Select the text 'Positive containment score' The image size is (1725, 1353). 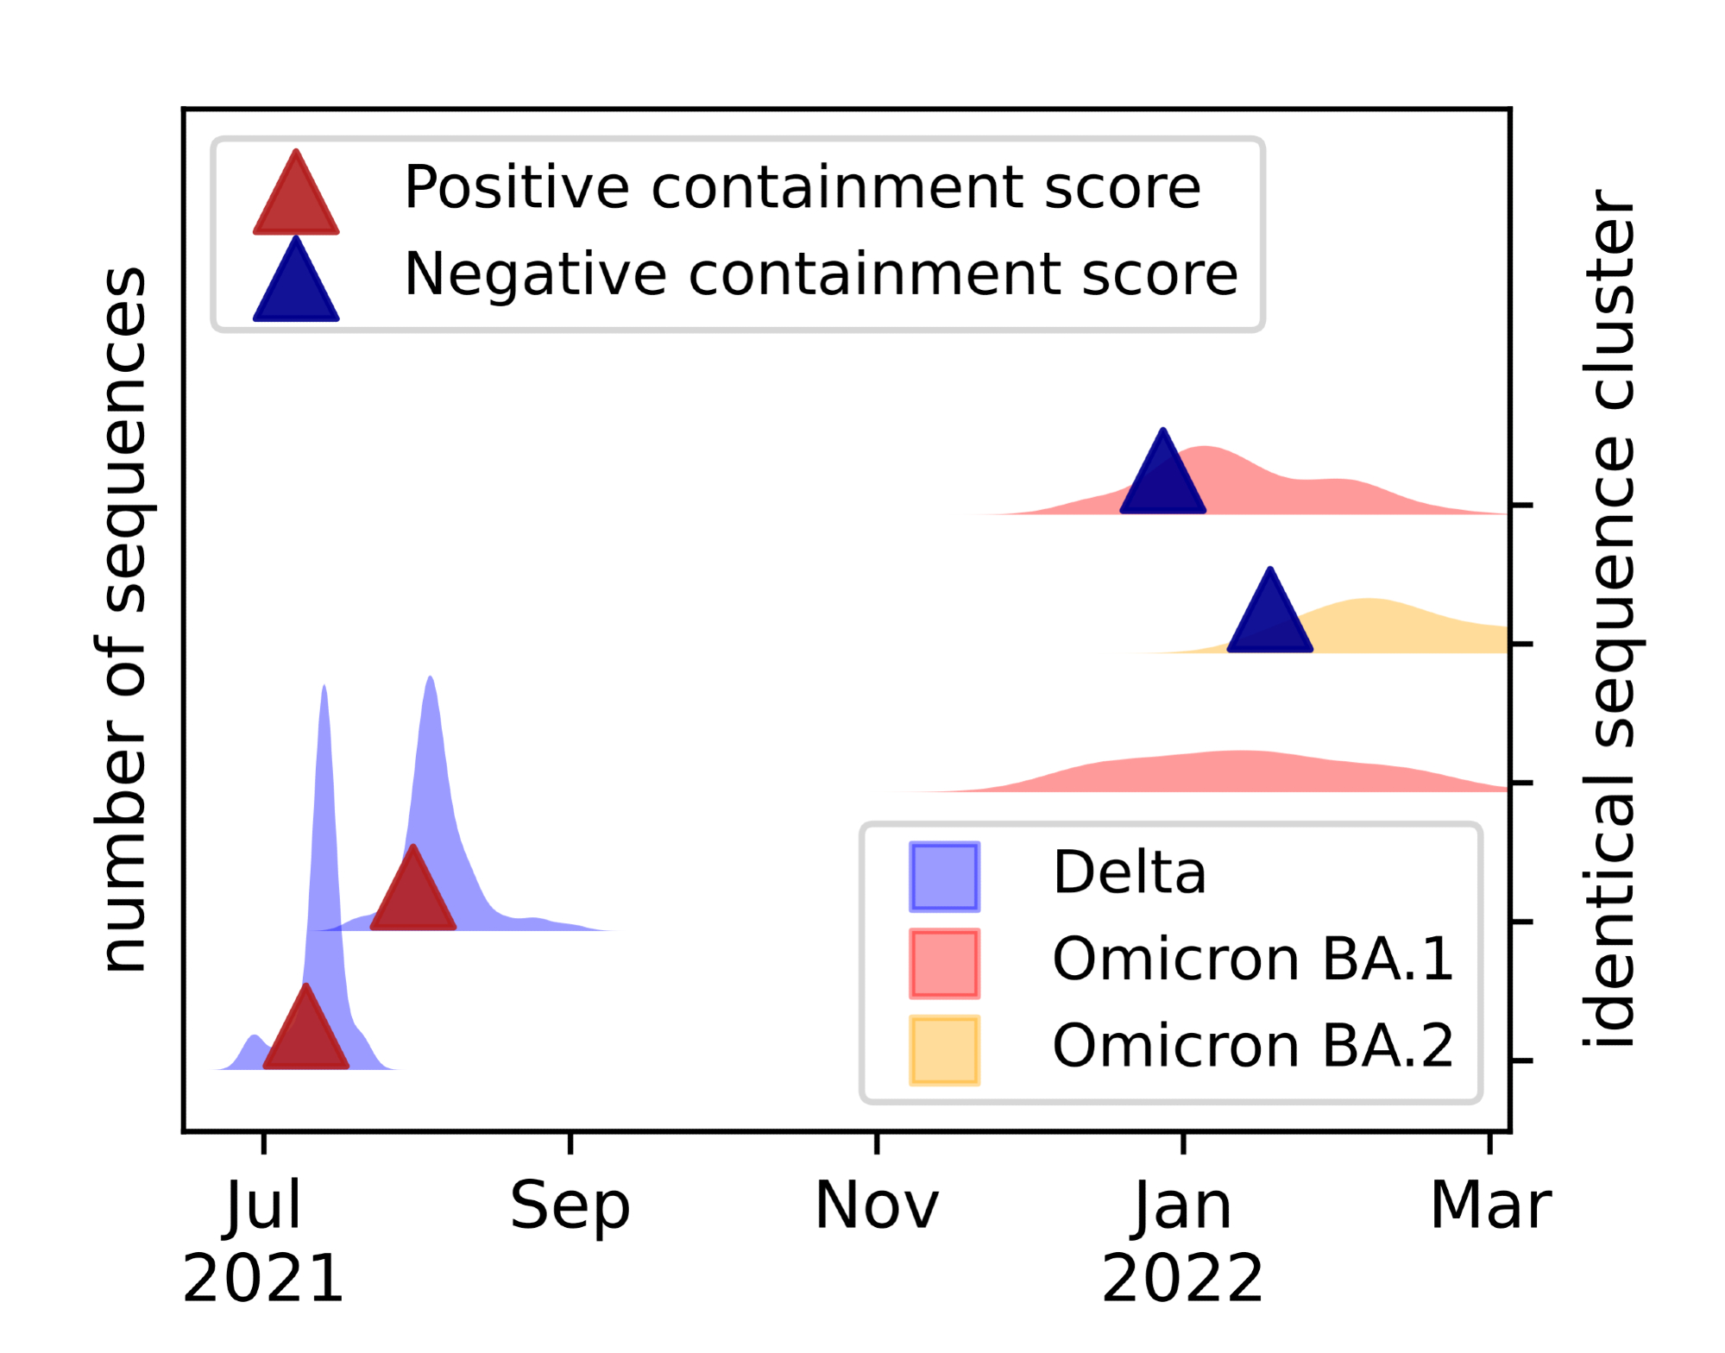tap(802, 187)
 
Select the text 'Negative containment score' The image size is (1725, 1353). tap(821, 274)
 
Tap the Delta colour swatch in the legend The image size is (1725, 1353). tap(944, 877)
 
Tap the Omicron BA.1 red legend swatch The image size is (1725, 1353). tap(944, 963)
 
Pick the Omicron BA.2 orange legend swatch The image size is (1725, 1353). tap(944, 1050)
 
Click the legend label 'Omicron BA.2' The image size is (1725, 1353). tap(1252, 1046)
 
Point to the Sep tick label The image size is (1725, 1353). tap(570, 1205)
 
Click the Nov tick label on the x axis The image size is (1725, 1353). tap(876, 1205)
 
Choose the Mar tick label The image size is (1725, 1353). tap(1490, 1205)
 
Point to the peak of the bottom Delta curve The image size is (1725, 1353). tap(324, 690)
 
